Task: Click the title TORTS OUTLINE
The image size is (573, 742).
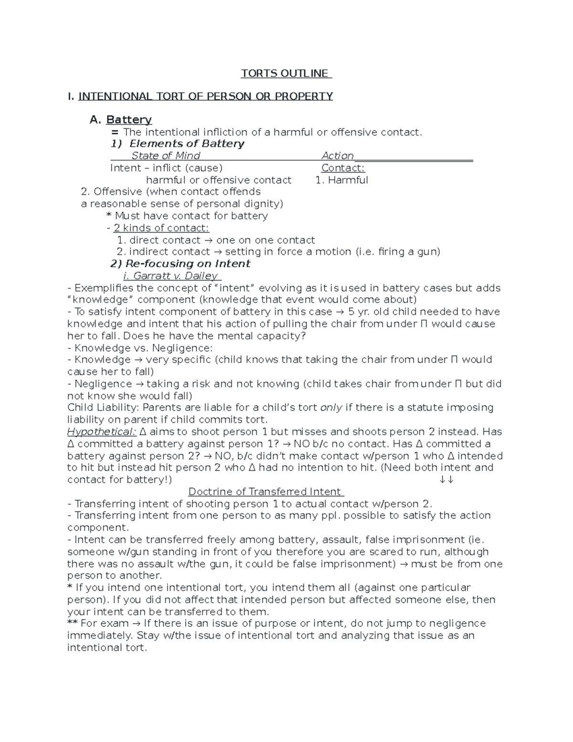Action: click(286, 73)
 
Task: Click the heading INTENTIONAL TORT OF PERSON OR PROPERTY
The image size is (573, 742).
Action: click(205, 96)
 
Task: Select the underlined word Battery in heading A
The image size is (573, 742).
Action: click(129, 119)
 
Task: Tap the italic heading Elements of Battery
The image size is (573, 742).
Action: click(187, 144)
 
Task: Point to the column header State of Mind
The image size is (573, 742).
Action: click(165, 156)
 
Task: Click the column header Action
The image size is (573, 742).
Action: click(337, 156)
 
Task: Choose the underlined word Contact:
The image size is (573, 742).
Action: click(343, 168)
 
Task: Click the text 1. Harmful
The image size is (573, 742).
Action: click(341, 180)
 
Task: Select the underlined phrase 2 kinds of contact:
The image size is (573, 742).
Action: click(161, 228)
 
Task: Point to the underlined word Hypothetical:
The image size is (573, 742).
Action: click(102, 432)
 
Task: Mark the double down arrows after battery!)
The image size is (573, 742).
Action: click(446, 480)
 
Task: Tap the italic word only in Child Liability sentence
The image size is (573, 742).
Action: click(331, 408)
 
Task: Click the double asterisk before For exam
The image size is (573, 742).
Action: click(73, 623)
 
